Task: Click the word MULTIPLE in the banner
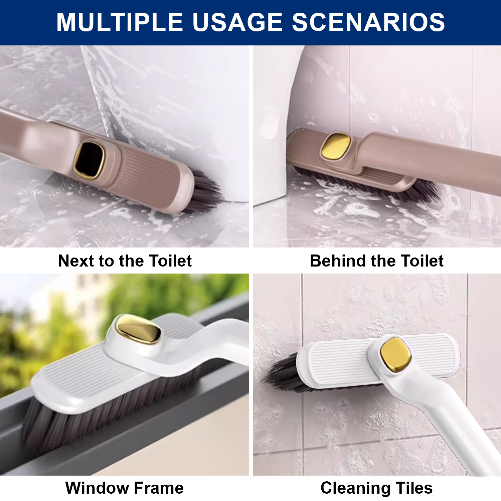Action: pyautogui.click(x=120, y=22)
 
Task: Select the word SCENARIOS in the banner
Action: pyautogui.click(x=368, y=22)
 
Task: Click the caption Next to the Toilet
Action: pyautogui.click(x=125, y=261)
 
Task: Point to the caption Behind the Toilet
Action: pyautogui.click(x=377, y=261)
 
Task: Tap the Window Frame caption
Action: pyautogui.click(x=125, y=488)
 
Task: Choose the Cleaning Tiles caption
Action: pyautogui.click(x=376, y=488)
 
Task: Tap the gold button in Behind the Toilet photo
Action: pyautogui.click(x=336, y=146)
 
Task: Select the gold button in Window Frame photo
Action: pyautogui.click(x=138, y=330)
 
